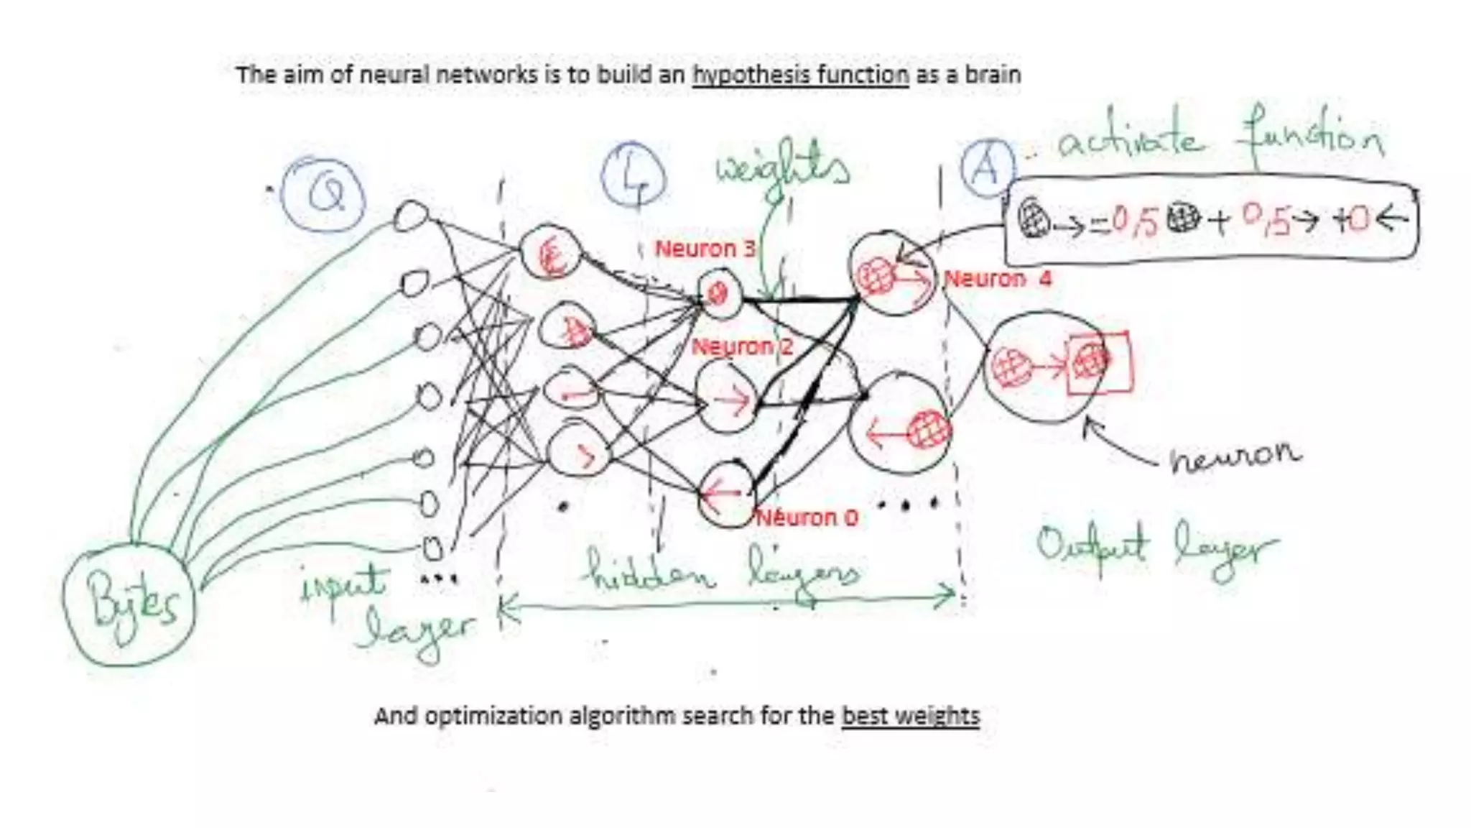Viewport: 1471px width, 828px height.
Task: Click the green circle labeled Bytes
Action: pos(130,607)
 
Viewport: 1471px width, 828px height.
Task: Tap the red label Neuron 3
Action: pos(705,249)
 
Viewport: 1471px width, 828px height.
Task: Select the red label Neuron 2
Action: pos(742,346)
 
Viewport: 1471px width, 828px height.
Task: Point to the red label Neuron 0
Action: pos(807,517)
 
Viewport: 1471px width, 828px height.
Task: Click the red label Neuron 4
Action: pos(998,279)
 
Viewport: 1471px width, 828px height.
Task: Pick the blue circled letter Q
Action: pos(325,193)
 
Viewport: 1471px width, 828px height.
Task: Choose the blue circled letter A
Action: pos(987,167)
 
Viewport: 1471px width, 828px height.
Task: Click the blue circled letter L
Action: pos(633,175)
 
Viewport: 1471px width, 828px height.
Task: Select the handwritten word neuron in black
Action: pos(1234,456)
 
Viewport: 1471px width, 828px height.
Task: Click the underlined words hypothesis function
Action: pos(800,75)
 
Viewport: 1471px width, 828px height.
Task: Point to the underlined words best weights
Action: pos(910,716)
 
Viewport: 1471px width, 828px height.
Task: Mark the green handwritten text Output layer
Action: pos(1156,550)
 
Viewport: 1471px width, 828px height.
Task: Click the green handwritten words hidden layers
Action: pos(722,574)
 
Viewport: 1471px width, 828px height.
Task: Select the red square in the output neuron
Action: pos(1098,363)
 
